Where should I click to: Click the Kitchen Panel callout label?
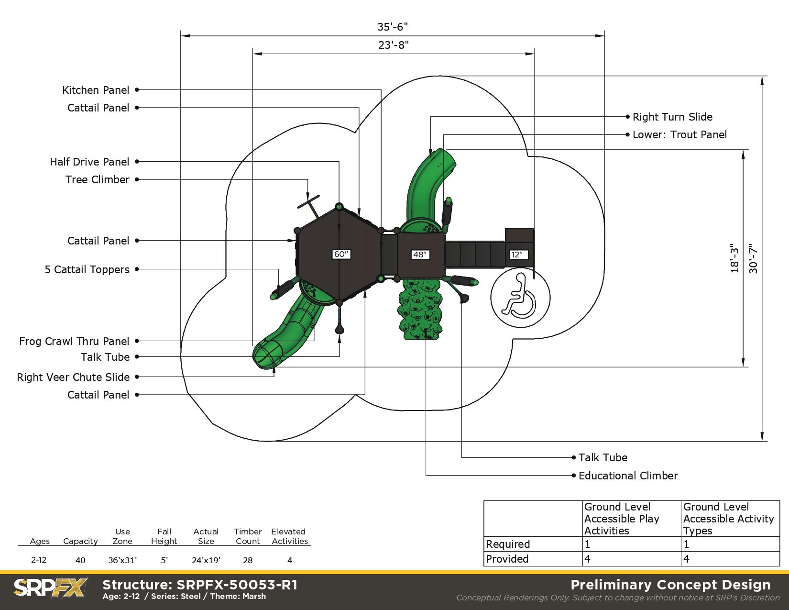(96, 90)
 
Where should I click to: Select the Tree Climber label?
(98, 180)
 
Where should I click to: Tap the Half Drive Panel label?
(89, 162)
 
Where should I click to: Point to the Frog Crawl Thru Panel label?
(74, 341)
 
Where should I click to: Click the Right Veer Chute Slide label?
(73, 377)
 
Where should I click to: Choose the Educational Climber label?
(628, 476)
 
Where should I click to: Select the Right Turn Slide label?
(672, 117)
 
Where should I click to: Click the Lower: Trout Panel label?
(679, 134)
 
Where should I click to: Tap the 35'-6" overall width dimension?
(393, 27)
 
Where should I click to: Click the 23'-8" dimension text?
(394, 45)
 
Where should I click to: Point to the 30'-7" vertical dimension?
(754, 258)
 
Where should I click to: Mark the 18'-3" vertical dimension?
(734, 258)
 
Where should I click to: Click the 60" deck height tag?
(341, 254)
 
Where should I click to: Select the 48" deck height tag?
(420, 255)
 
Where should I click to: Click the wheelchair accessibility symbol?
(520, 298)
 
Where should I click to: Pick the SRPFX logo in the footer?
(50, 588)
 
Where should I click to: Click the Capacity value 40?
(80, 560)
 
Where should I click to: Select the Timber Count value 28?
(248, 560)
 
